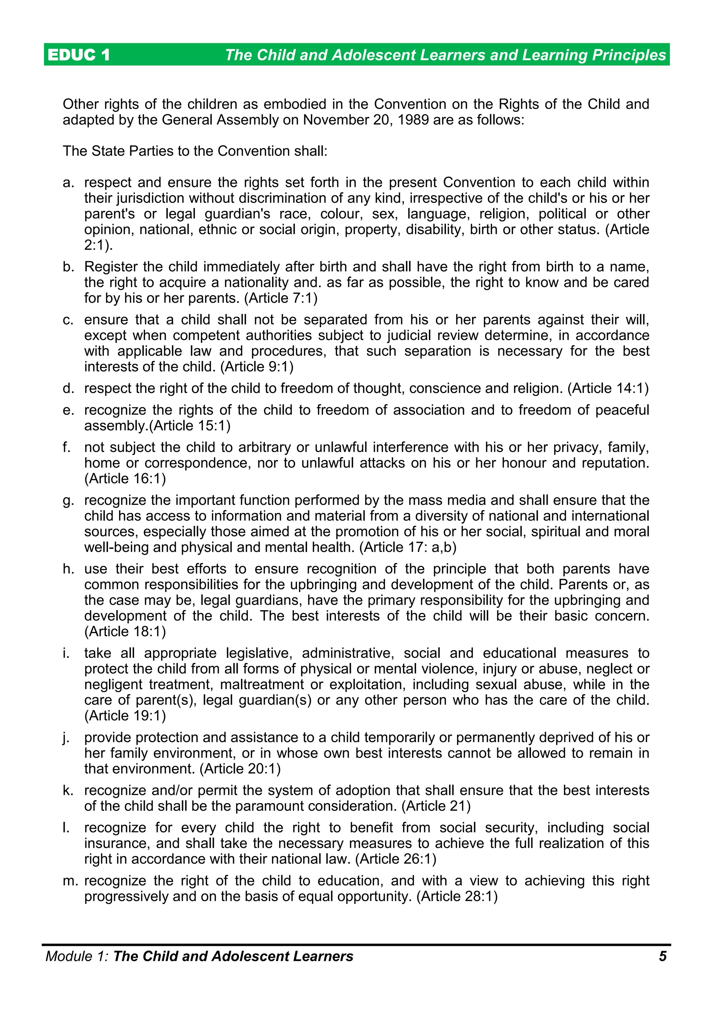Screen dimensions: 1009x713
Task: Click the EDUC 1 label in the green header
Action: click(x=79, y=55)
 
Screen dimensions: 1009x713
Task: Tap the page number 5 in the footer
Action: click(x=663, y=956)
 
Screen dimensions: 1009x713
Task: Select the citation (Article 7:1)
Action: click(x=281, y=298)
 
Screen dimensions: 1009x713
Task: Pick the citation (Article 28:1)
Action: click(x=457, y=896)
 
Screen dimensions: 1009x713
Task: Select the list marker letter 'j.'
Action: click(x=67, y=738)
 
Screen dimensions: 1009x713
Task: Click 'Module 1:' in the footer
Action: click(x=77, y=956)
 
